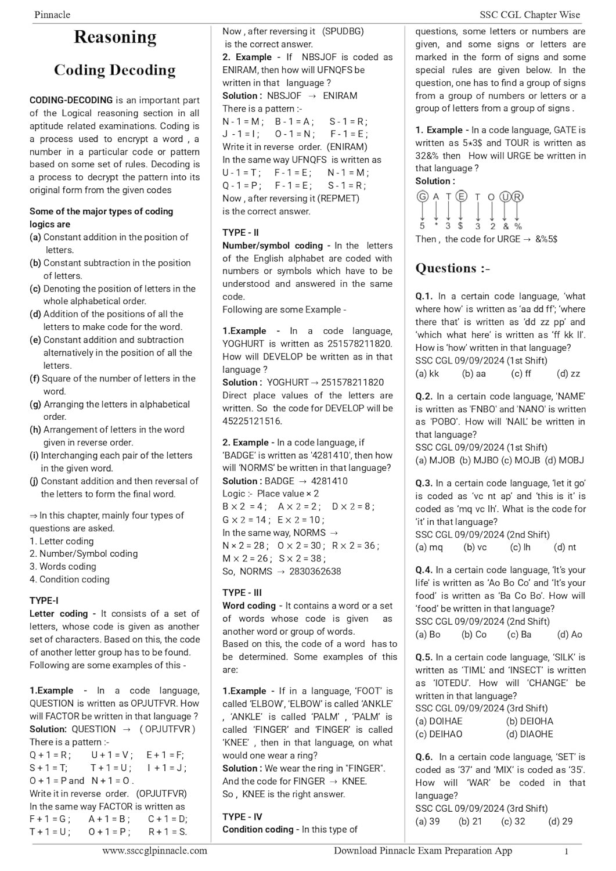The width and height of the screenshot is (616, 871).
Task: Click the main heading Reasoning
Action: pyautogui.click(x=115, y=37)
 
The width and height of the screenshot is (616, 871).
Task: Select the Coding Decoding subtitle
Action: pyautogui.click(x=115, y=70)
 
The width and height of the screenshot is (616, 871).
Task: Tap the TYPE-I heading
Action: pyautogui.click(x=44, y=600)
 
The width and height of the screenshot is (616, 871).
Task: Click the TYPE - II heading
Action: pyautogui.click(x=240, y=232)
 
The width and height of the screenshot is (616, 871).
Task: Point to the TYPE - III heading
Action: pyautogui.click(x=242, y=592)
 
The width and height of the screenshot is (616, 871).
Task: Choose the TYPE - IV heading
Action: pyautogui.click(x=242, y=816)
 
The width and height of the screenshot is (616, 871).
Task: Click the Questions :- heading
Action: pyautogui.click(x=453, y=268)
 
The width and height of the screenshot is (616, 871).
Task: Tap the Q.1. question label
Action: pyautogui.click(x=424, y=296)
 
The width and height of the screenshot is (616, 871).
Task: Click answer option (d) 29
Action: pyautogui.click(x=560, y=821)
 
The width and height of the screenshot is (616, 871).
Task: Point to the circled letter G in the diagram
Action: pyautogui.click(x=423, y=197)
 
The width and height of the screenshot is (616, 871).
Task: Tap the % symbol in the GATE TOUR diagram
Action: pyautogui.click(x=518, y=226)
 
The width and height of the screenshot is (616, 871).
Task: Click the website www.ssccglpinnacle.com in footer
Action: pyautogui.click(x=154, y=851)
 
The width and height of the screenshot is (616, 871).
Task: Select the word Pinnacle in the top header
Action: pyautogui.click(x=52, y=15)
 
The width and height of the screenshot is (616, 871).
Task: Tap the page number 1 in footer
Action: pyautogui.click(x=567, y=852)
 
